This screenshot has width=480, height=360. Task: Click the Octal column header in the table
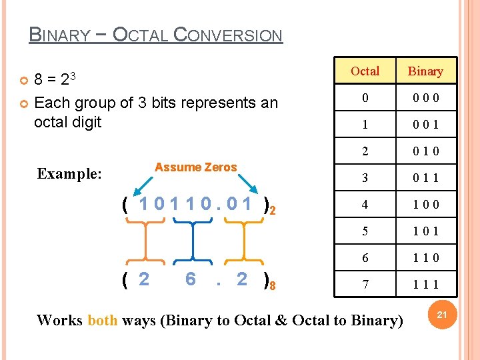pyautogui.click(x=365, y=71)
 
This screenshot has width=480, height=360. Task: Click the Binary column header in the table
pyautogui.click(x=425, y=71)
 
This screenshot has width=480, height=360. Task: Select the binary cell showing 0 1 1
pyautogui.click(x=425, y=178)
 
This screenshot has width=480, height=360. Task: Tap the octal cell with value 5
pyautogui.click(x=365, y=231)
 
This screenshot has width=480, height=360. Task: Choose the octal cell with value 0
pyautogui.click(x=365, y=98)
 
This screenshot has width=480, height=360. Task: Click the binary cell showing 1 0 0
pyautogui.click(x=425, y=205)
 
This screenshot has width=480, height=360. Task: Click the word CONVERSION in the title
pyautogui.click(x=227, y=35)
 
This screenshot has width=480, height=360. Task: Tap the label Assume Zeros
pyautogui.click(x=196, y=167)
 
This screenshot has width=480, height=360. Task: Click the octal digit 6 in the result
pyautogui.click(x=191, y=279)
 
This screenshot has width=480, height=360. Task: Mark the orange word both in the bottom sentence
pyautogui.click(x=102, y=320)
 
